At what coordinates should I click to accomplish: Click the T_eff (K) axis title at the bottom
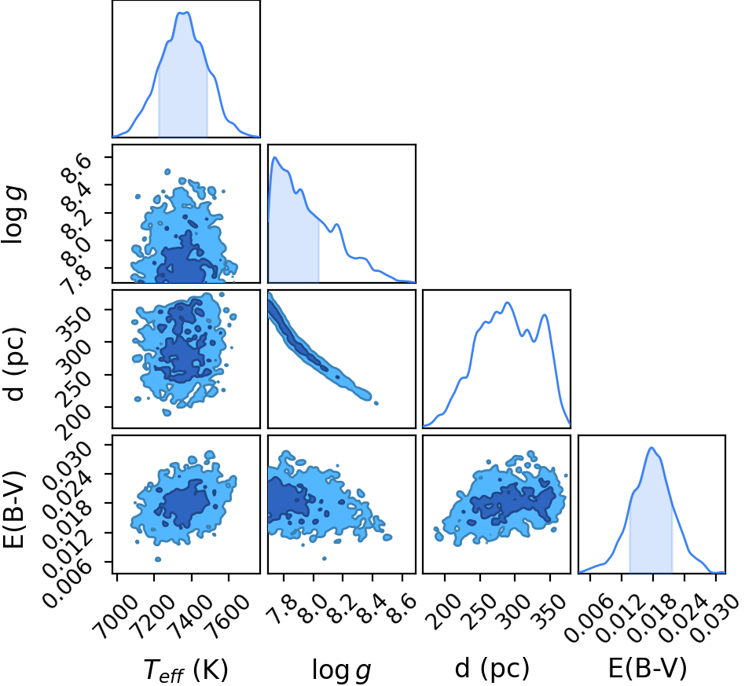pyautogui.click(x=185, y=670)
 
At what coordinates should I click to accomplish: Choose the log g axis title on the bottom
pyautogui.click(x=341, y=670)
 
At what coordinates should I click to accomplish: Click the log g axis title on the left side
pyautogui.click(x=13, y=215)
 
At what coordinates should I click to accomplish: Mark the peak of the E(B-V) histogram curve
pyautogui.click(x=651, y=448)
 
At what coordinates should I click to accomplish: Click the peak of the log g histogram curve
pyautogui.click(x=274, y=157)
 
